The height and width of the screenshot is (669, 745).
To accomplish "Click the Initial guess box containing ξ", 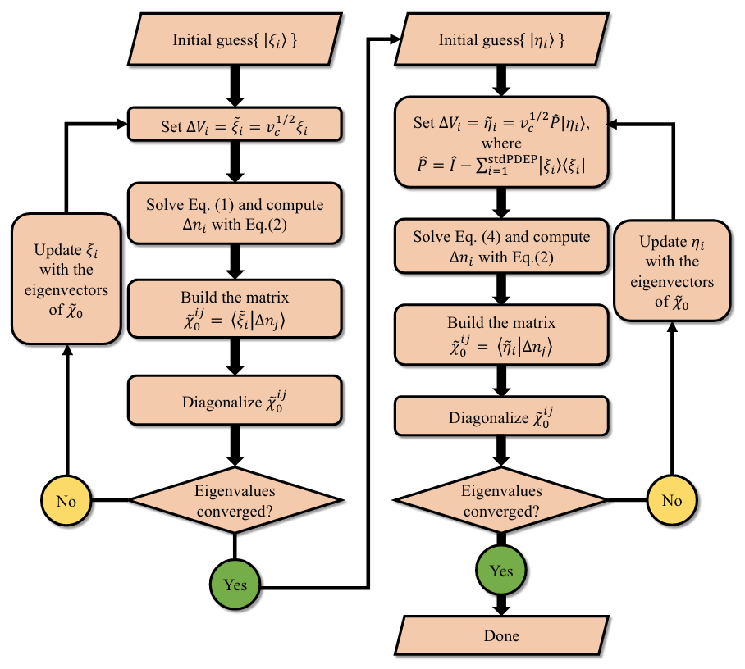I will point(234,39).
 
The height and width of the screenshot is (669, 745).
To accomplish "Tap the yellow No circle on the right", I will point(671,498).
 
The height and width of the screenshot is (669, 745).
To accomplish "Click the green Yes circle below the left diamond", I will point(235,585).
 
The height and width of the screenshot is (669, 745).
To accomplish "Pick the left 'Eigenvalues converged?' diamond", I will point(234,499).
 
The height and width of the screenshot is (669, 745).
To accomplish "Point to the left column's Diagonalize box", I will point(234,401).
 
